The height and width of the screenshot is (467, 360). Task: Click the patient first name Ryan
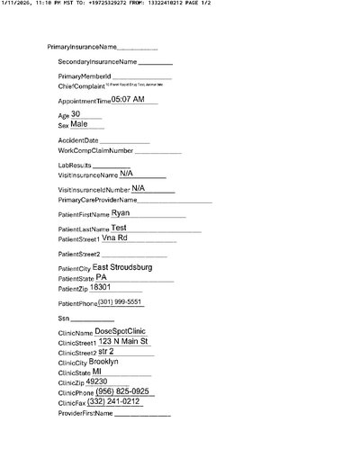coord(121,213)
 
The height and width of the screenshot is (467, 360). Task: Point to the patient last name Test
coord(119,229)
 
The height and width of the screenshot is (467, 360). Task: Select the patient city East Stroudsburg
coord(122,268)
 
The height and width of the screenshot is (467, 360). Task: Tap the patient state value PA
coord(101,278)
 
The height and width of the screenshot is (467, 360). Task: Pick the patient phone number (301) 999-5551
coord(120,302)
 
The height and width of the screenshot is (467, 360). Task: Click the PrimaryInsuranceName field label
coord(82,46)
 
